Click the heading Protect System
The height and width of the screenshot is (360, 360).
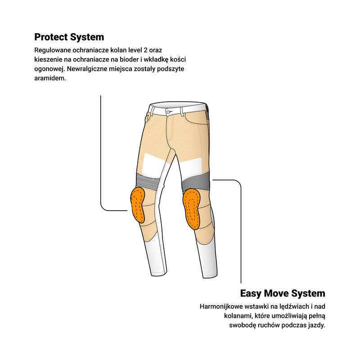(x=69, y=37)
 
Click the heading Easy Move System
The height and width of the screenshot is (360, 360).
(x=283, y=293)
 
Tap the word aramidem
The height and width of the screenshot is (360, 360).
(x=50, y=78)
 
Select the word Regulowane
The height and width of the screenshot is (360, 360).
(x=53, y=50)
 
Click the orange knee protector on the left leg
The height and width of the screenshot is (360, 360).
(x=138, y=205)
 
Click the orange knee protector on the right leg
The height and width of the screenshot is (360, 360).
(x=191, y=209)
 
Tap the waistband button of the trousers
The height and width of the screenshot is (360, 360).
(x=168, y=112)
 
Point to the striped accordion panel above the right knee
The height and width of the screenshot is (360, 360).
(x=195, y=184)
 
